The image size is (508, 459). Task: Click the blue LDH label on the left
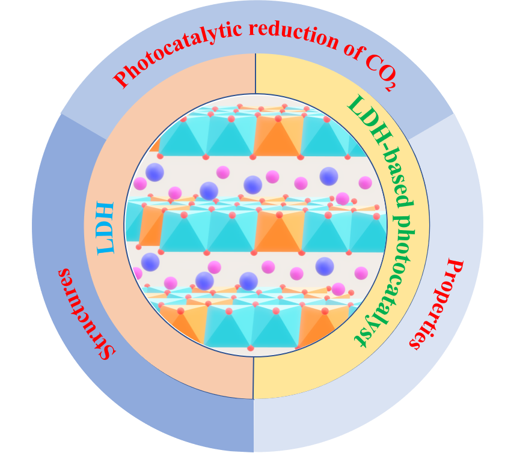pyautogui.click(x=105, y=228)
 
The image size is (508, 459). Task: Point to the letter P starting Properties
pyautogui.click(x=454, y=267)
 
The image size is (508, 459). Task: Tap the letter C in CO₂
pyautogui.click(x=370, y=58)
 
